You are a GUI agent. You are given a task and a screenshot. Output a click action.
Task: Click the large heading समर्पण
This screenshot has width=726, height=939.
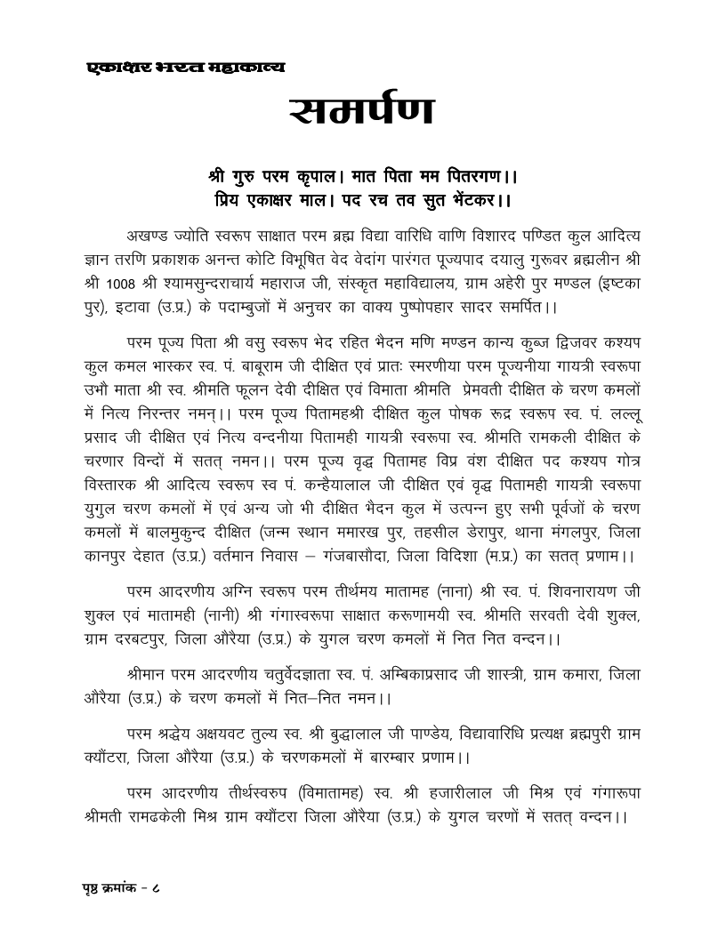pyautogui.click(x=362, y=110)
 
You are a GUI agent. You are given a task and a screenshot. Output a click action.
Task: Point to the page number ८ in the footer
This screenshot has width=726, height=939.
pyautogui.click(x=165, y=887)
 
